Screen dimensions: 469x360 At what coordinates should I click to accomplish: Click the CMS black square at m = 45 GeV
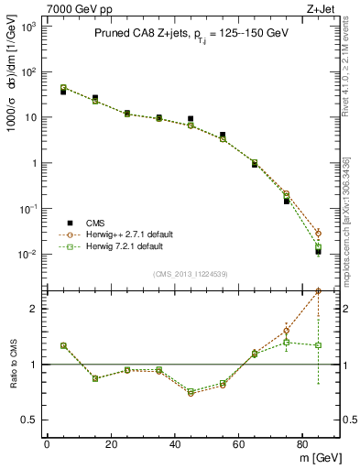click(191, 118)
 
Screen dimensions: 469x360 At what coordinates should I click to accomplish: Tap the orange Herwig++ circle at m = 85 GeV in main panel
click(319, 233)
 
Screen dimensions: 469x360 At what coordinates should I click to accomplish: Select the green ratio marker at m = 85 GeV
click(319, 345)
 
